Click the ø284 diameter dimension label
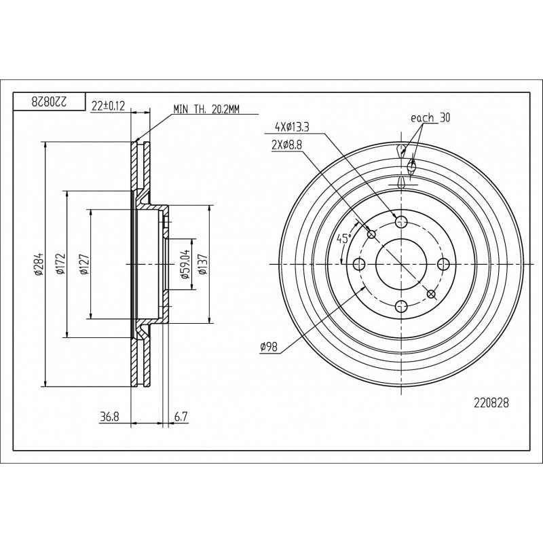[39, 264]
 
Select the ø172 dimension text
[61, 264]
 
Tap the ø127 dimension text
[84, 264]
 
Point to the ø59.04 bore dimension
[184, 264]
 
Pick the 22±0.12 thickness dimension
[108, 106]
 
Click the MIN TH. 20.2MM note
[206, 109]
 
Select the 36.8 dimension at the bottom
[109, 417]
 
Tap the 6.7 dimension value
[181, 417]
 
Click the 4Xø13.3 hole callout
[292, 128]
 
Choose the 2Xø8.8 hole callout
[286, 145]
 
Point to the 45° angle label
[344, 238]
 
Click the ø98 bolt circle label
[269, 347]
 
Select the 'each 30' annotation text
[430, 117]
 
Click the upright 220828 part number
[491, 403]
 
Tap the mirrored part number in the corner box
[49, 101]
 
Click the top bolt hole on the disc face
[401, 221]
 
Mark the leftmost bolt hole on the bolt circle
[359, 264]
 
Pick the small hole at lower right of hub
[431, 294]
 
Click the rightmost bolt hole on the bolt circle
[443, 264]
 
